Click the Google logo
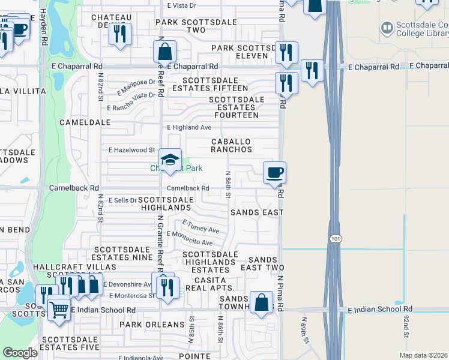(20, 353)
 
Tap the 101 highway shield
(334, 239)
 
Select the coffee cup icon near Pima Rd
(275, 173)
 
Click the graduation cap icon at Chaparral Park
(170, 160)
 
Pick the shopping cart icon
(59, 310)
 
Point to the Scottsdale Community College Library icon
(387, 27)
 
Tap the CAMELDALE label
(85, 122)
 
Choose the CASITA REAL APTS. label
(210, 284)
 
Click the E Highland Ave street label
(189, 127)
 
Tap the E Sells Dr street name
(122, 199)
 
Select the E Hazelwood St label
(131, 150)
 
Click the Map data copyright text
(423, 355)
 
